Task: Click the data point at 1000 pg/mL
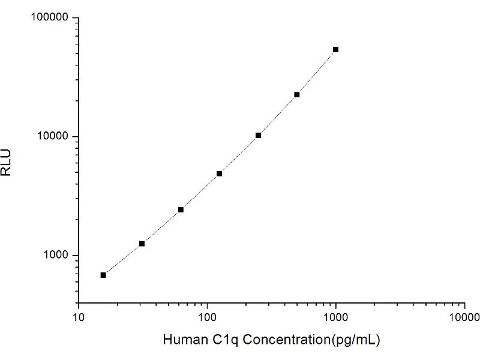335,49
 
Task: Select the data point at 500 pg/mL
296,95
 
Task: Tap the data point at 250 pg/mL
258,136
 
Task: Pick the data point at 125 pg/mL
220,173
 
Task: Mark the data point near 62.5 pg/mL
181,209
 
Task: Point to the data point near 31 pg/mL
142,244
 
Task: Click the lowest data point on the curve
103,275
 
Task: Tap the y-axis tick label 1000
56,256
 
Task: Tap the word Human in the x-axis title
183,340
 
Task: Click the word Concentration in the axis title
281,340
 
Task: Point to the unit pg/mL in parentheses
355,340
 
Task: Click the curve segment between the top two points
316,73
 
